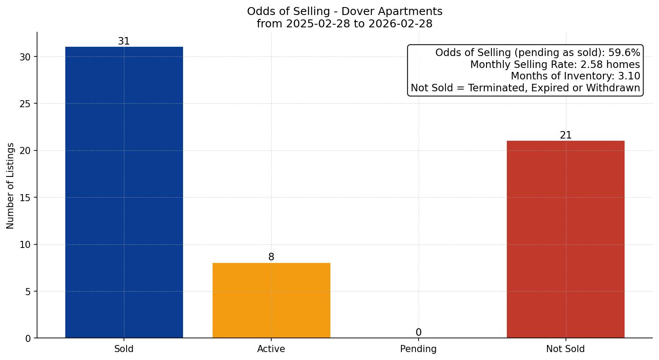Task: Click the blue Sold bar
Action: (124, 192)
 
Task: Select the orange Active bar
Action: (271, 300)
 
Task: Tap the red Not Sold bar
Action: (565, 239)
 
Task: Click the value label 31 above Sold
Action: (124, 41)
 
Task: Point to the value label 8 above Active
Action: (271, 257)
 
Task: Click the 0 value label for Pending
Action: (418, 333)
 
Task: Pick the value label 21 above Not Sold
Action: (565, 135)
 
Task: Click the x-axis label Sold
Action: (124, 349)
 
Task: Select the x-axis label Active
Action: (271, 349)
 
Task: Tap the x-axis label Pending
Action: (418, 349)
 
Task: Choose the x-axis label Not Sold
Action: (565, 349)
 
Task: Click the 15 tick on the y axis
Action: (25, 198)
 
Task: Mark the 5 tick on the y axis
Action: (28, 292)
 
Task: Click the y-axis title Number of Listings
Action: (11, 186)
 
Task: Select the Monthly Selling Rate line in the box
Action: (554, 65)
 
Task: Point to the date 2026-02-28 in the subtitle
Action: (401, 24)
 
